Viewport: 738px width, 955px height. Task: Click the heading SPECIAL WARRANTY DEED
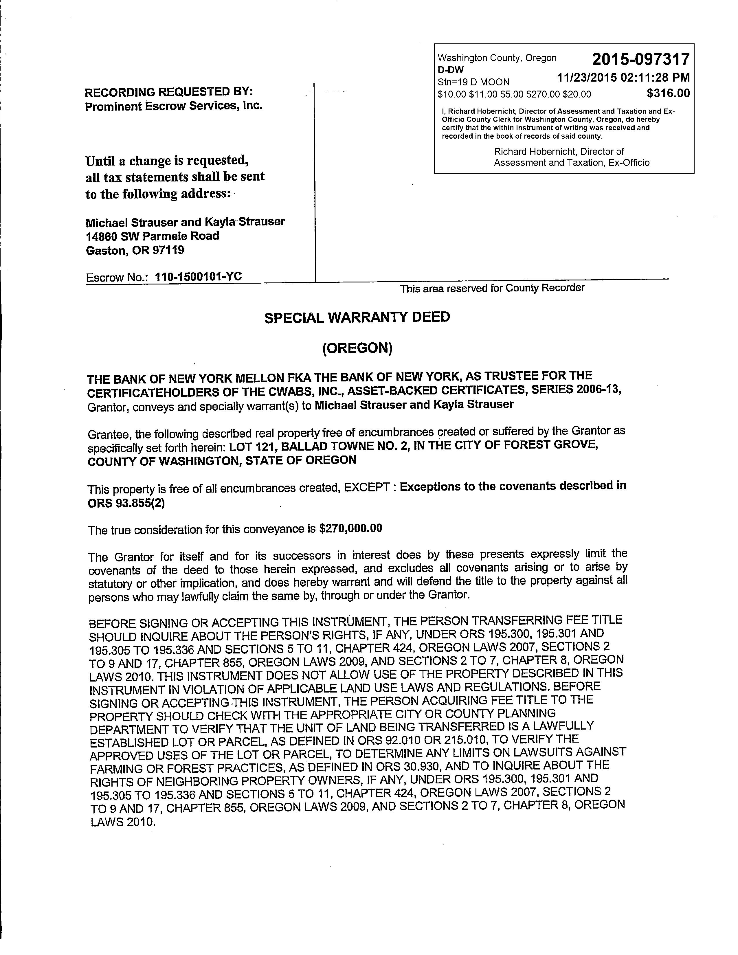click(x=357, y=317)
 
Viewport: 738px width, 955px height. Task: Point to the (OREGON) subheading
click(x=357, y=348)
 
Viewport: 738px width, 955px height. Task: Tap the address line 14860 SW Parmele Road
click(x=152, y=236)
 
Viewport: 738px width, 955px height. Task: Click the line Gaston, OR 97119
click(x=135, y=251)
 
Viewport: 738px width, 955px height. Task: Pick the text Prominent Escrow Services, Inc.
click(x=174, y=106)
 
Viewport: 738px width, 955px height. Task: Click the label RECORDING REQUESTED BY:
click(x=169, y=92)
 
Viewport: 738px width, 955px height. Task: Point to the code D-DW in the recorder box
click(x=450, y=70)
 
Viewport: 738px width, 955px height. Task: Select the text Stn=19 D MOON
click(x=473, y=82)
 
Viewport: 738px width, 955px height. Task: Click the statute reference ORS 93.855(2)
click(x=126, y=503)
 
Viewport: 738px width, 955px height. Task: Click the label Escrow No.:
click(x=117, y=278)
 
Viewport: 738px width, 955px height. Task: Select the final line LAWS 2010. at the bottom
click(x=122, y=822)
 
